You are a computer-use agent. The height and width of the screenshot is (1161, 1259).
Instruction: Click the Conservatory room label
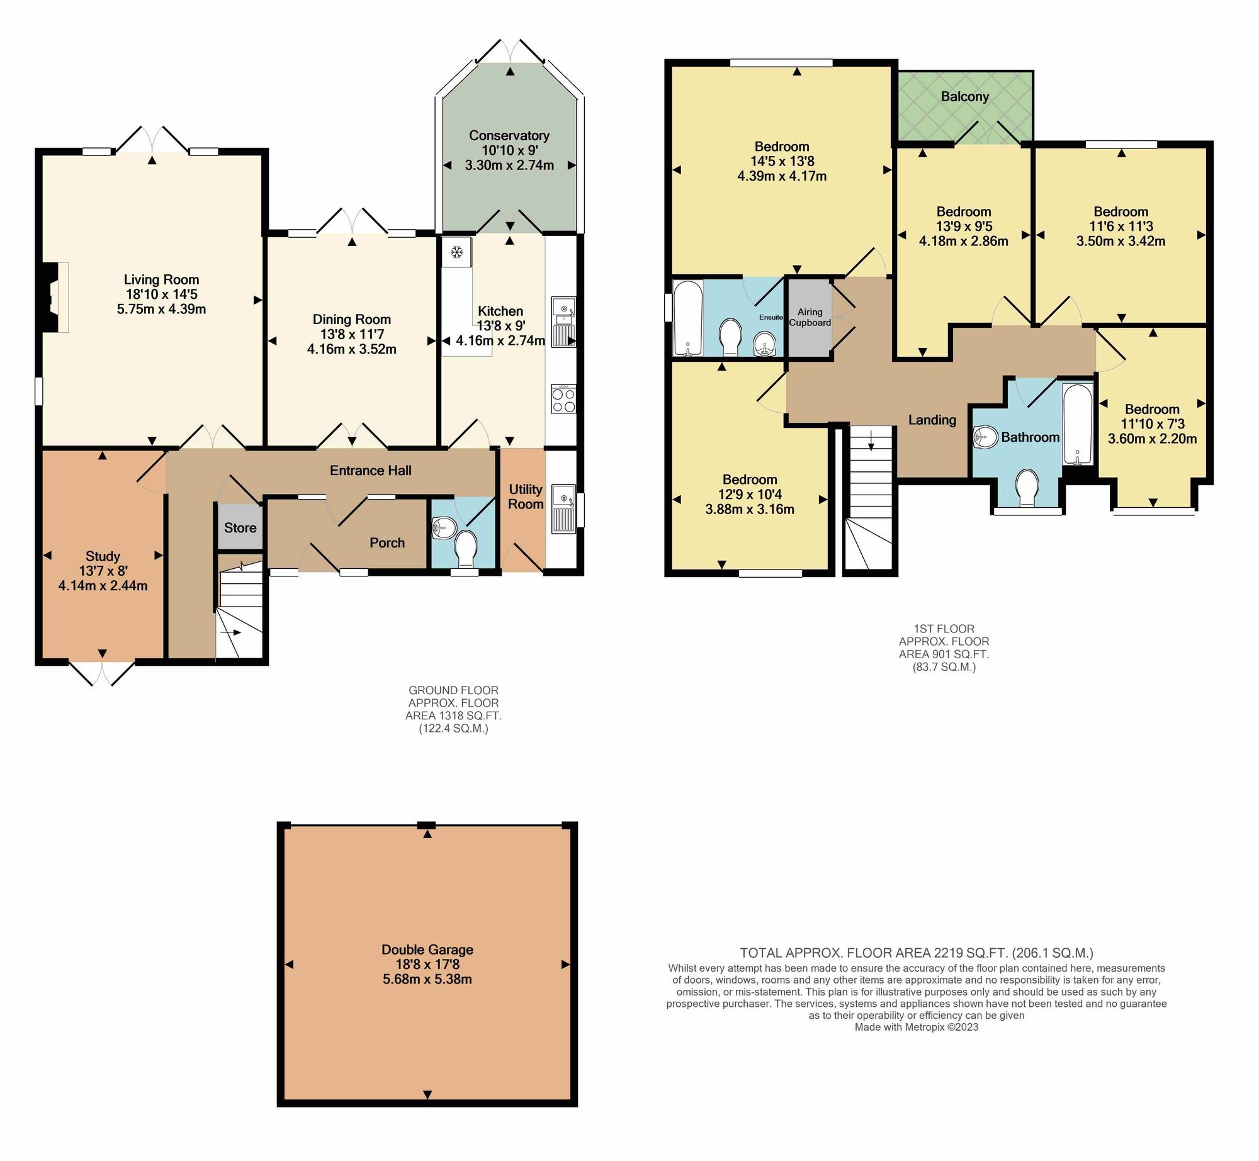click(509, 135)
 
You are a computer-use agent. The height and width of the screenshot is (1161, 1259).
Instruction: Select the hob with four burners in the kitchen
click(563, 399)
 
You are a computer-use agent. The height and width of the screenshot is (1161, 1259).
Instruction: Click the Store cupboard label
click(240, 528)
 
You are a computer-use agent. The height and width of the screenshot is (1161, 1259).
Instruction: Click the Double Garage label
click(427, 950)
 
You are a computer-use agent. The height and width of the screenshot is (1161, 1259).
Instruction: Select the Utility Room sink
click(564, 508)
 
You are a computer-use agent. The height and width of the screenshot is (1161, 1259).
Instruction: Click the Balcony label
click(965, 97)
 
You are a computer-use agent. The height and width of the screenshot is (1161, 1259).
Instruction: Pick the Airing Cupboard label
click(810, 317)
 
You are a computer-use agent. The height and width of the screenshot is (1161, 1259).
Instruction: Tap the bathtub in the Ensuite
click(687, 318)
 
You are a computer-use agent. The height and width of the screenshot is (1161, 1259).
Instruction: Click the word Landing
click(932, 420)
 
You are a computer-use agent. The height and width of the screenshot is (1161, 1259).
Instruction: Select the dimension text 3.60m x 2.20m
click(1153, 439)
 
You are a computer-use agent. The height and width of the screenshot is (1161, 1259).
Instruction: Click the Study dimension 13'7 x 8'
click(103, 571)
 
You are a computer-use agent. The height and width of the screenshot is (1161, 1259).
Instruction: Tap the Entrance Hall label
click(371, 470)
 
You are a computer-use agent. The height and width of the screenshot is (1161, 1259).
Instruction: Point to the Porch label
click(387, 542)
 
